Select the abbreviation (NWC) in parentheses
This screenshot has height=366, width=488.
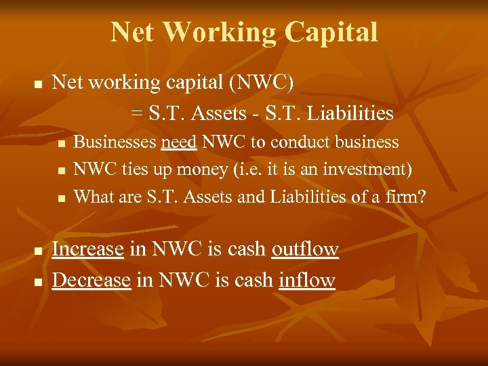coord(262,83)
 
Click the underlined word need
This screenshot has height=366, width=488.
coord(179,142)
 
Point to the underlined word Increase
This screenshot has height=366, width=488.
coord(87,249)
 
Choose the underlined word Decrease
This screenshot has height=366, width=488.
coord(91,280)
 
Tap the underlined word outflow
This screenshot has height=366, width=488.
coord(305,249)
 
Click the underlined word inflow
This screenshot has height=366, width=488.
coord(307,280)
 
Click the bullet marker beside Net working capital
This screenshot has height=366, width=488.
coord(39,85)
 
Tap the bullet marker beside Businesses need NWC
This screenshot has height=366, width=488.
coord(62,144)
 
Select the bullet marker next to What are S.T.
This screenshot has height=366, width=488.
coord(62,199)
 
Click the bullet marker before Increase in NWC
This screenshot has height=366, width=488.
coord(39,251)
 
